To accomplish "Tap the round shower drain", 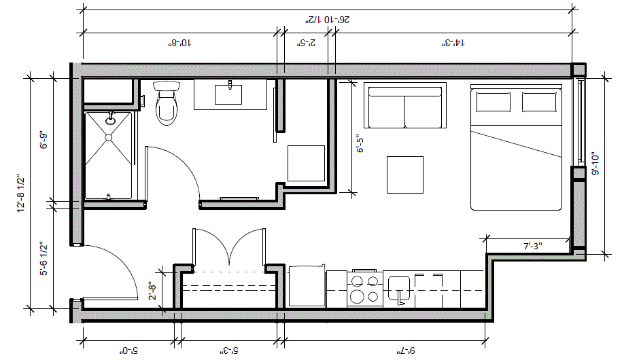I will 108,137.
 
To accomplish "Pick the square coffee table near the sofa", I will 406,175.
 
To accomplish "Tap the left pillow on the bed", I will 493,103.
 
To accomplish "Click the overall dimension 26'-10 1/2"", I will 328,20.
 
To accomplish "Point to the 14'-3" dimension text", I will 452,43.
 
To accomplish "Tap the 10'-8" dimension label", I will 179,43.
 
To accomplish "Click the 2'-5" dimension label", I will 308,43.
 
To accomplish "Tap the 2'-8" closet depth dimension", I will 152,292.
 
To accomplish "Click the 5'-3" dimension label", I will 230,350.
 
